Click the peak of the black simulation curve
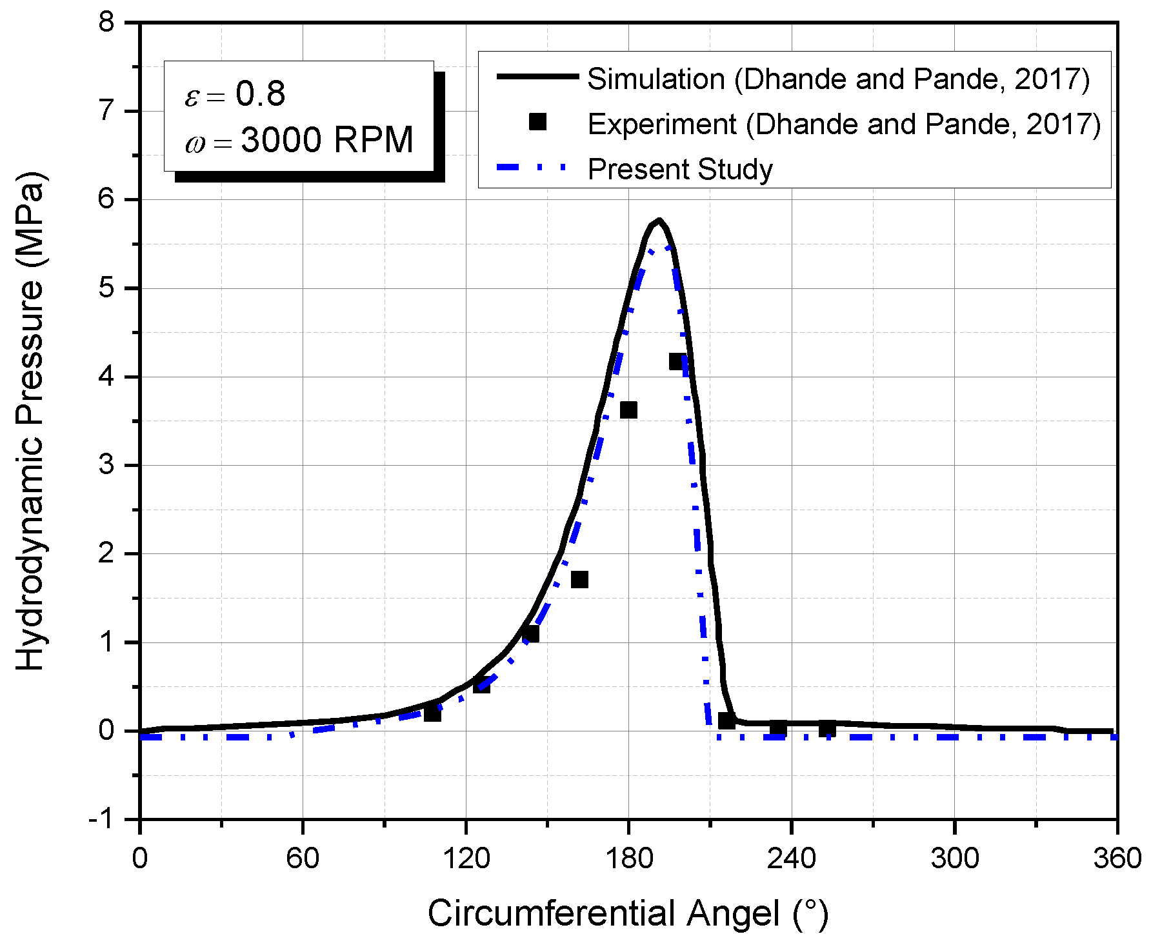coord(658,221)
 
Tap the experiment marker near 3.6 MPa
coord(628,410)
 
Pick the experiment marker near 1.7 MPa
coord(579,579)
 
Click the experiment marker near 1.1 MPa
coord(530,634)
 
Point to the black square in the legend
coord(537,123)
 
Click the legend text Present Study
coord(680,170)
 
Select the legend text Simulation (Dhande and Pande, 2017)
coord(838,79)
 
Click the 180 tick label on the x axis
coord(628,859)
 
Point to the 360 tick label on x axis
coord(1117,859)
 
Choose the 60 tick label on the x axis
coord(303,859)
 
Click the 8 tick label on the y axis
coord(106,23)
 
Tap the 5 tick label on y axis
coord(106,288)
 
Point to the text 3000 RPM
coord(327,140)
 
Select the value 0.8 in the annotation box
coord(260,94)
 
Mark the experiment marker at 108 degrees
coord(432,713)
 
